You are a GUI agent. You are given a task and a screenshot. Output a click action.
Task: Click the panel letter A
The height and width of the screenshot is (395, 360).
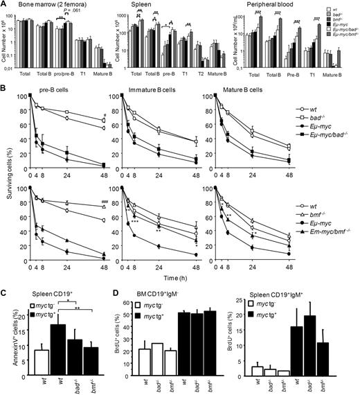click(x=4, y=5)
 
